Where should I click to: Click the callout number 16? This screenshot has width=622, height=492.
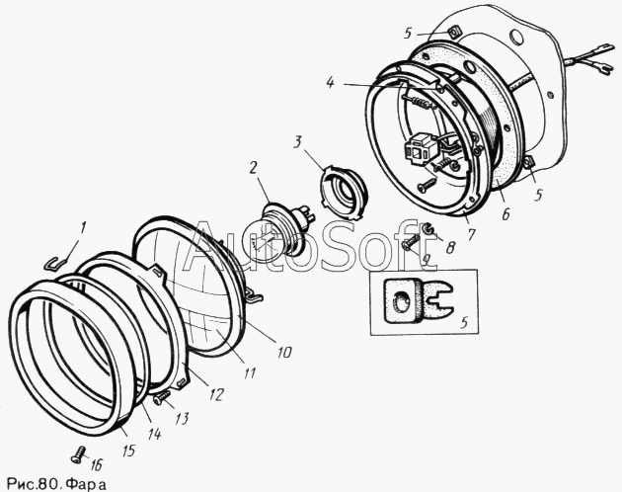[97, 464]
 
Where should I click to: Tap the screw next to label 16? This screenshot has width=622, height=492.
[79, 453]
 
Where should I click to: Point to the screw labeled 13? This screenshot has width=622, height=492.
[162, 397]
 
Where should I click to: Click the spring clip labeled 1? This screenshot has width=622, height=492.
[55, 264]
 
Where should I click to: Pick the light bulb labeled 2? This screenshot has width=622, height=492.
[277, 234]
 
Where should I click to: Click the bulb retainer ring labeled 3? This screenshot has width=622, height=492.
[343, 193]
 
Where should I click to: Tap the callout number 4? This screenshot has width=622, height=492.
[330, 83]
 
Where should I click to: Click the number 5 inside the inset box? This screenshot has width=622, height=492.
[464, 322]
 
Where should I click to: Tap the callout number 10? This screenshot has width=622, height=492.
[284, 353]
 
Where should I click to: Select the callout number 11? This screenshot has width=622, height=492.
[250, 372]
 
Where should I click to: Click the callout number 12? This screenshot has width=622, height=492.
[216, 394]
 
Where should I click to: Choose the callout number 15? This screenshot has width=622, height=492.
[128, 450]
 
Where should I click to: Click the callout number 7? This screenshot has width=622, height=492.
[471, 234]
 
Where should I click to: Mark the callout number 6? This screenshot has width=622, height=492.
[505, 214]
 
